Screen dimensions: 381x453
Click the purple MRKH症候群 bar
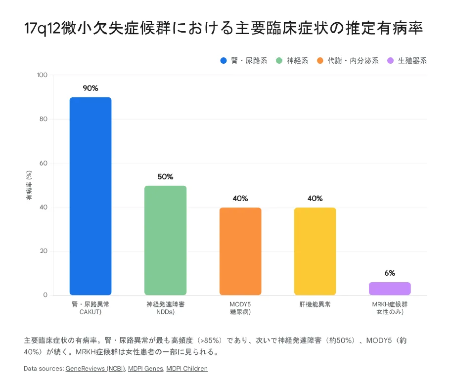coord(390,289)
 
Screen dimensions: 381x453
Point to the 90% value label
coord(91,88)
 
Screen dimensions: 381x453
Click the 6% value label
coord(390,273)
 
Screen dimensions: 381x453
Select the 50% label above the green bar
coord(165,177)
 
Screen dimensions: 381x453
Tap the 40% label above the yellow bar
coord(315,199)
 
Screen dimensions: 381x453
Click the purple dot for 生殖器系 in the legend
coord(390,61)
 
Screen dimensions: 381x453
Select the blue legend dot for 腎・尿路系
coord(224,61)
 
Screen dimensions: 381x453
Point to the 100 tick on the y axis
coord(42,75)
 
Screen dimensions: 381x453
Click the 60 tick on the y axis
coord(44,164)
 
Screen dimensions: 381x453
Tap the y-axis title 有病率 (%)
coord(29,185)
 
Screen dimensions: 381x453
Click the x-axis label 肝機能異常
coord(315,304)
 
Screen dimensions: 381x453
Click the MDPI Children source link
coord(187,369)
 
